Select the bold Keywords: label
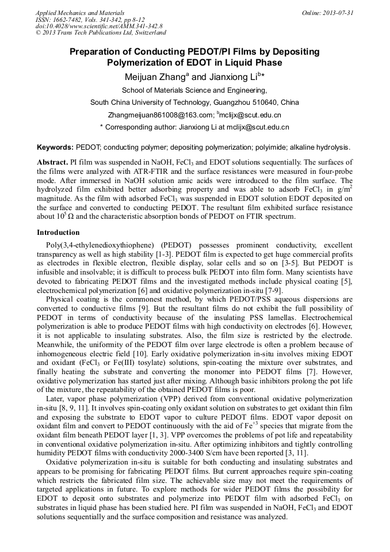(x=55, y=147)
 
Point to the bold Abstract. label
(x=52, y=163)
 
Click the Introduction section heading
(x=58, y=233)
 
